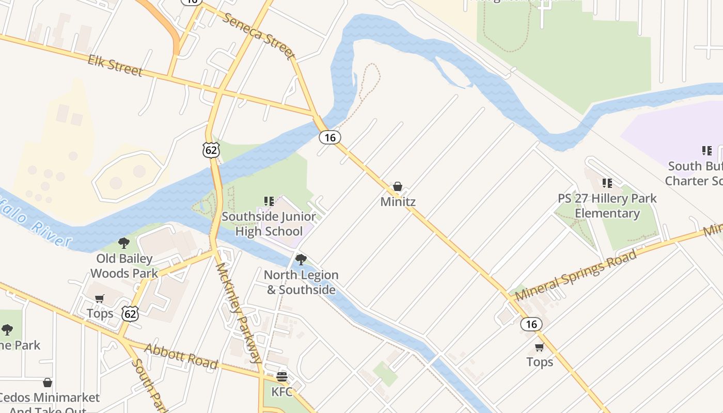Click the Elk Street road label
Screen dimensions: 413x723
115,66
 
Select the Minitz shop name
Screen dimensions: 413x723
398,201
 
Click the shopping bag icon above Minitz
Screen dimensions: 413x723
398,186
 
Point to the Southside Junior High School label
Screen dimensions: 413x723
269,223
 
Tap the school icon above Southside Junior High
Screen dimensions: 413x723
269,201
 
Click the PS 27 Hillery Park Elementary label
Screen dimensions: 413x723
607,205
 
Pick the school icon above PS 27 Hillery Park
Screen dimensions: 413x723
607,183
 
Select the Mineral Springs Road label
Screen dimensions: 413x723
576,276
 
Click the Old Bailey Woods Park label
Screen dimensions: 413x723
124,265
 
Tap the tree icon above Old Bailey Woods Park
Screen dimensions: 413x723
123,243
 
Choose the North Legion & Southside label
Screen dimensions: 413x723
301,282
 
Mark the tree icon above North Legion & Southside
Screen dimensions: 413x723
301,259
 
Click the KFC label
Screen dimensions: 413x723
282,391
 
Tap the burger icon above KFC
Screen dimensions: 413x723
282,376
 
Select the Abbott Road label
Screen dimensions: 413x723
181,356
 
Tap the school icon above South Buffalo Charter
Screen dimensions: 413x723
707,151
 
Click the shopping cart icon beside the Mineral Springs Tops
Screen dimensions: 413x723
540,347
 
